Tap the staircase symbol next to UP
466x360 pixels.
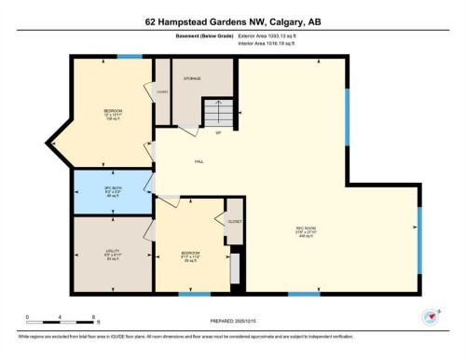[216, 113]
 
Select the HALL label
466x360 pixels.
[199, 161]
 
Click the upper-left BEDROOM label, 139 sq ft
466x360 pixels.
[113, 114]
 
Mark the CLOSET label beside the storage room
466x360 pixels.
[161, 92]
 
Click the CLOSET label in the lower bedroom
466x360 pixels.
[233, 221]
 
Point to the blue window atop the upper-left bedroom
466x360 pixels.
[130, 57]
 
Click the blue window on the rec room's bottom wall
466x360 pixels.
[303, 294]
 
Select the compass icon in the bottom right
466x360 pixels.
[432, 317]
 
